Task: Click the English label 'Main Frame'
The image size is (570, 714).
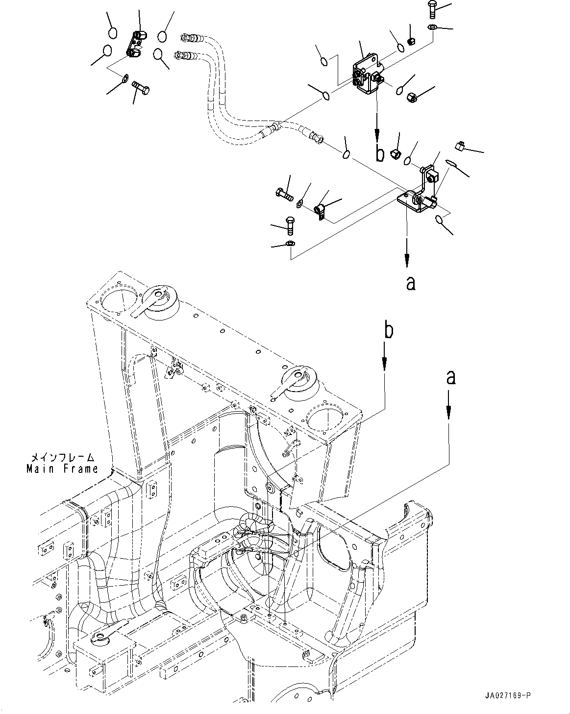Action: (62, 468)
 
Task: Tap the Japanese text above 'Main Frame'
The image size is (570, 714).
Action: (62, 458)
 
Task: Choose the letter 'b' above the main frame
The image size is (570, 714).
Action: (388, 331)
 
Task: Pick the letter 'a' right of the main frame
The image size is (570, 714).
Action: (451, 377)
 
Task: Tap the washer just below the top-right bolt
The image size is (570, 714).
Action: (433, 26)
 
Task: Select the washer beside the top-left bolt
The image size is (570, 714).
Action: (125, 77)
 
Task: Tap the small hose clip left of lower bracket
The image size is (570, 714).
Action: (320, 211)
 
